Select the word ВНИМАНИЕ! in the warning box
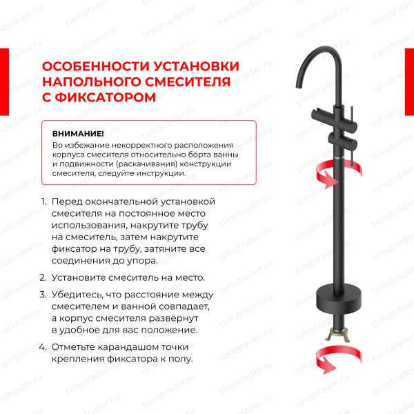[x=78, y=134]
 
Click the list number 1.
[x=44, y=201]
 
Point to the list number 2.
[x=43, y=277]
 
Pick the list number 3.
[x=43, y=295]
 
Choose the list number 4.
[x=43, y=346]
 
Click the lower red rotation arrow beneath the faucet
[x=338, y=359]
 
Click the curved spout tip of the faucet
[x=299, y=85]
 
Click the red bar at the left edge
[x=5, y=82]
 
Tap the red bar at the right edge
[x=409, y=82]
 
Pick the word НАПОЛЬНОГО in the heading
[x=91, y=81]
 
